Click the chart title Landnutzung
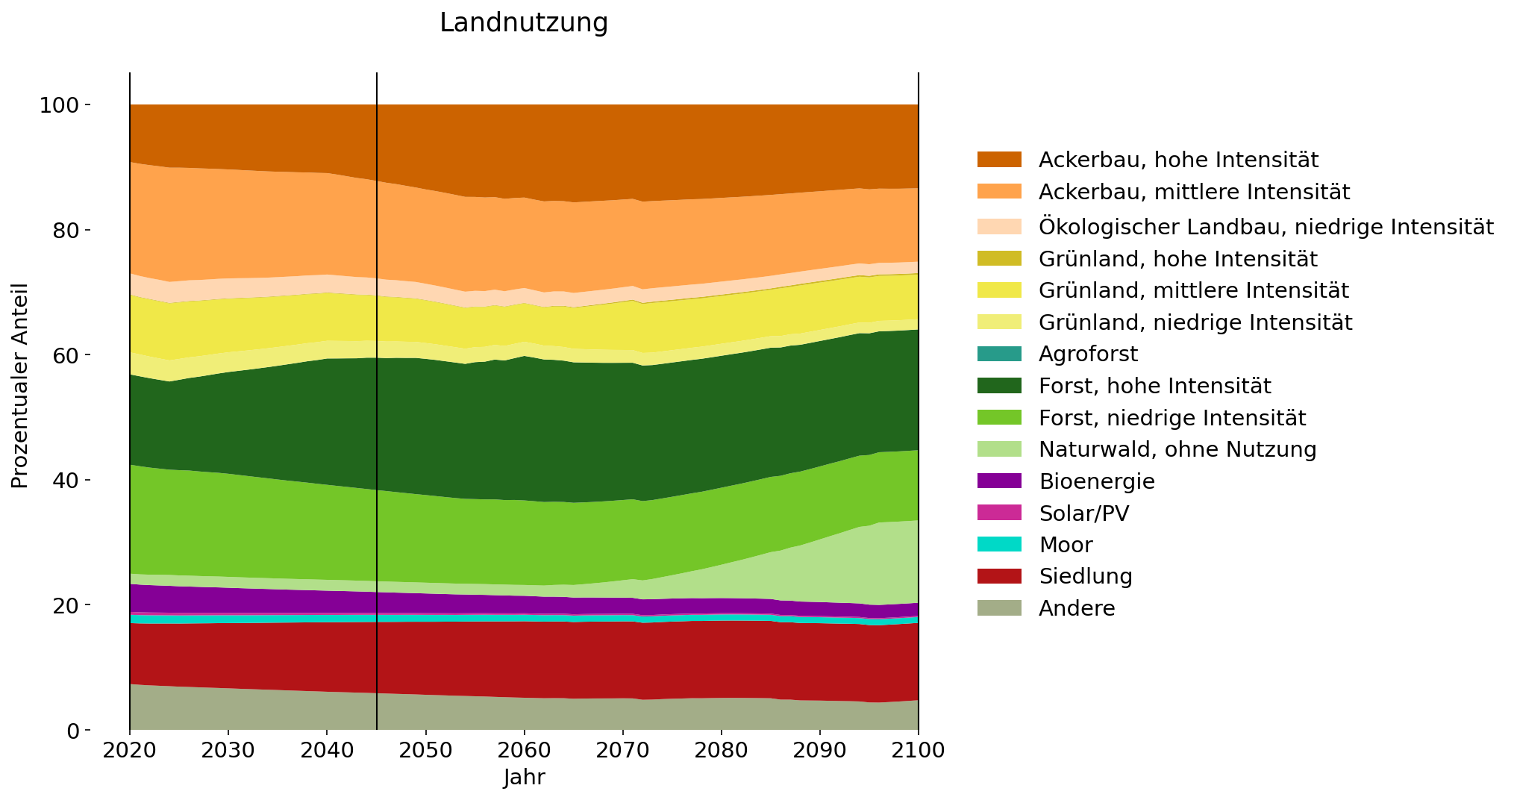point(524,23)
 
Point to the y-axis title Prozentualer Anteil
point(20,386)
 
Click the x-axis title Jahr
point(524,778)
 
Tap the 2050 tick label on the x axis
point(425,750)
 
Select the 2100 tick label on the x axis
point(918,750)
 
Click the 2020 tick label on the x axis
point(130,750)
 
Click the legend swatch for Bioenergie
point(999,481)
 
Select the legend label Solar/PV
point(1083,513)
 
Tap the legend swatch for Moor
point(999,545)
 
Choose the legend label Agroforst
point(1088,354)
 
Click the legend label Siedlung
point(1085,576)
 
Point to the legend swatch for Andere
point(999,608)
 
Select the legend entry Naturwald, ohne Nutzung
point(1177,449)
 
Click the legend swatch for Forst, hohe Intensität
point(999,386)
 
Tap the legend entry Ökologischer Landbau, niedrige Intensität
point(1266,227)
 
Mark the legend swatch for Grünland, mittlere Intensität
point(999,290)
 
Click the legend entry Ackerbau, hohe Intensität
point(1178,160)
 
